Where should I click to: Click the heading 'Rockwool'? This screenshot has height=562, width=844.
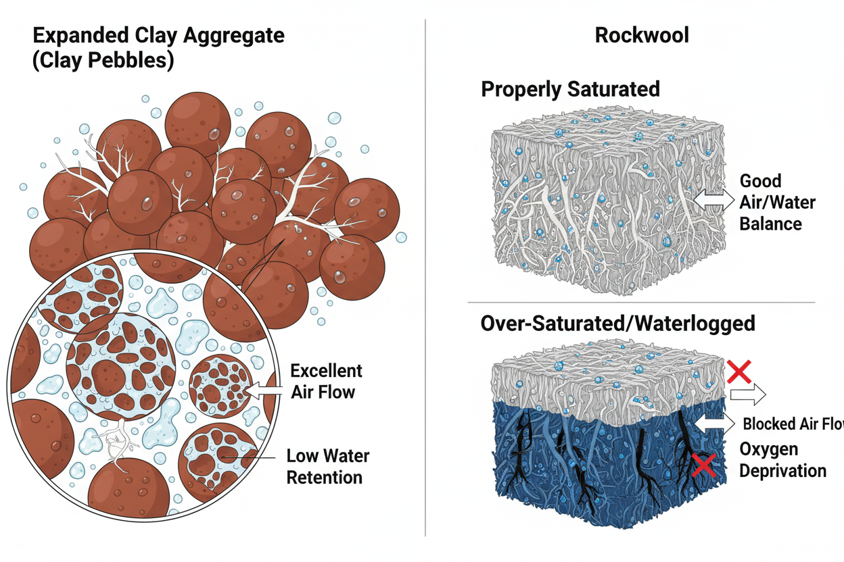point(642,35)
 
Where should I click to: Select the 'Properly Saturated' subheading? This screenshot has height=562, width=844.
point(570,89)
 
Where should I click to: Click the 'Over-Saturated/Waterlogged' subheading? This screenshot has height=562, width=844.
point(617,324)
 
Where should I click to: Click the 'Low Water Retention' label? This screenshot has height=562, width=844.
point(327,466)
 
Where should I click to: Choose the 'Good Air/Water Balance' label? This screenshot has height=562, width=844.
point(776,203)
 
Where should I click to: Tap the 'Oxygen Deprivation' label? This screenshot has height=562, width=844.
point(782,460)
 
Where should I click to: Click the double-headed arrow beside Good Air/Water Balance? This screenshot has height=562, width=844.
point(713,199)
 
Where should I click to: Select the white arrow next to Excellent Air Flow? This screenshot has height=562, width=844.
point(265,390)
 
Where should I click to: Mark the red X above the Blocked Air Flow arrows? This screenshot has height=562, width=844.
point(738,369)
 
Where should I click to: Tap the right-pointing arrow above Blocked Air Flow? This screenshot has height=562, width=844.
point(746,392)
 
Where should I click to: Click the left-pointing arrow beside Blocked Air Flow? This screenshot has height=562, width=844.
point(717,423)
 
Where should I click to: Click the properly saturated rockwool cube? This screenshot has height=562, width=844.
point(602,203)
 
